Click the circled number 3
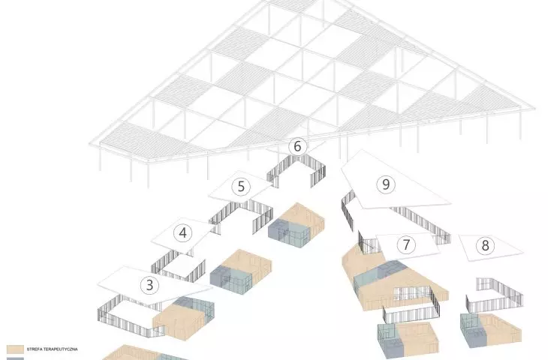point(149,285)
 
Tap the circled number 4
point(182,233)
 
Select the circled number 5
point(241,187)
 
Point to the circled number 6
point(297,146)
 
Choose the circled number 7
point(406,244)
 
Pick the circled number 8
point(485,245)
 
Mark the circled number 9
point(386,184)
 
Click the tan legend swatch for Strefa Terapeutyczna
point(15,349)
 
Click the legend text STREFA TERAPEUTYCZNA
point(52,349)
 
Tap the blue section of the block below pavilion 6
point(289,232)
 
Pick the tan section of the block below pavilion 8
point(501,328)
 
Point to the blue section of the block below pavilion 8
point(472,329)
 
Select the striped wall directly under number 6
point(297,171)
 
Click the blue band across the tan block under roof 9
point(381,274)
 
